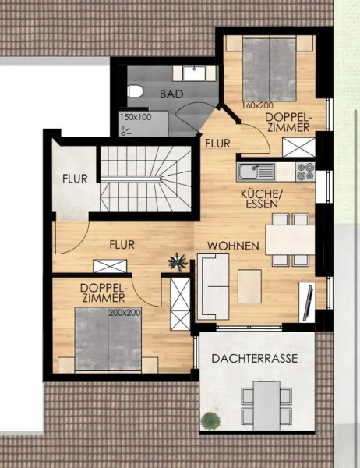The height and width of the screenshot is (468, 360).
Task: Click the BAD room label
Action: click(x=171, y=94)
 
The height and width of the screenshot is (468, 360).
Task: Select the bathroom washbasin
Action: click(x=194, y=73)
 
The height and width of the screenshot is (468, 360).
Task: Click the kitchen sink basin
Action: click(x=252, y=170)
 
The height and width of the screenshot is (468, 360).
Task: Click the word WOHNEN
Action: click(x=233, y=246)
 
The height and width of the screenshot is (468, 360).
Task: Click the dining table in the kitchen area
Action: click(x=291, y=235)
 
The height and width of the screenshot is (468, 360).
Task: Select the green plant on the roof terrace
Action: click(x=210, y=422)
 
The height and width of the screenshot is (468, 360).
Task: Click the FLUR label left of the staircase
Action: click(x=75, y=178)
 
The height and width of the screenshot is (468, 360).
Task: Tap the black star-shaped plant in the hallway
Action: click(x=178, y=259)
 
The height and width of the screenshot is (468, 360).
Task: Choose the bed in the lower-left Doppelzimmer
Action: click(x=109, y=339)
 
